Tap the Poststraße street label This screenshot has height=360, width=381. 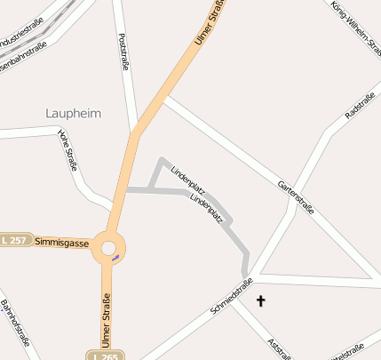point(123,55)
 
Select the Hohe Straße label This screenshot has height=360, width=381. point(67,151)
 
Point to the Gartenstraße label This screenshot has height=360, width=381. point(296,194)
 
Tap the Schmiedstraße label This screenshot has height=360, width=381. point(234,297)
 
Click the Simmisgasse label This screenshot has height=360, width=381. point(61,242)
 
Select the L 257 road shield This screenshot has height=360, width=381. point(14,241)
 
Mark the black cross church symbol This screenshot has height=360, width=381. point(261,302)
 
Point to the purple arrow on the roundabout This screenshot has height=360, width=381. point(115,259)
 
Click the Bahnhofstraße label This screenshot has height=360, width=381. point(15,325)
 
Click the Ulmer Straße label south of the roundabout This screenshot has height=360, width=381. point(106,319)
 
